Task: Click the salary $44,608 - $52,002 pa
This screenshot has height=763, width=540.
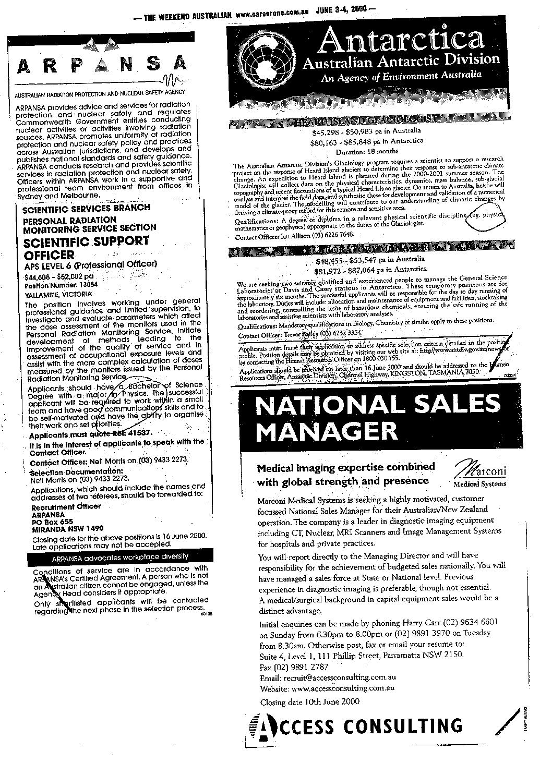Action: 59,277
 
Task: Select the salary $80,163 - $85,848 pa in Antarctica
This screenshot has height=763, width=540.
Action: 366,141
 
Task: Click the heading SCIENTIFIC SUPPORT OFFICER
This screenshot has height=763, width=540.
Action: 86,248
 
